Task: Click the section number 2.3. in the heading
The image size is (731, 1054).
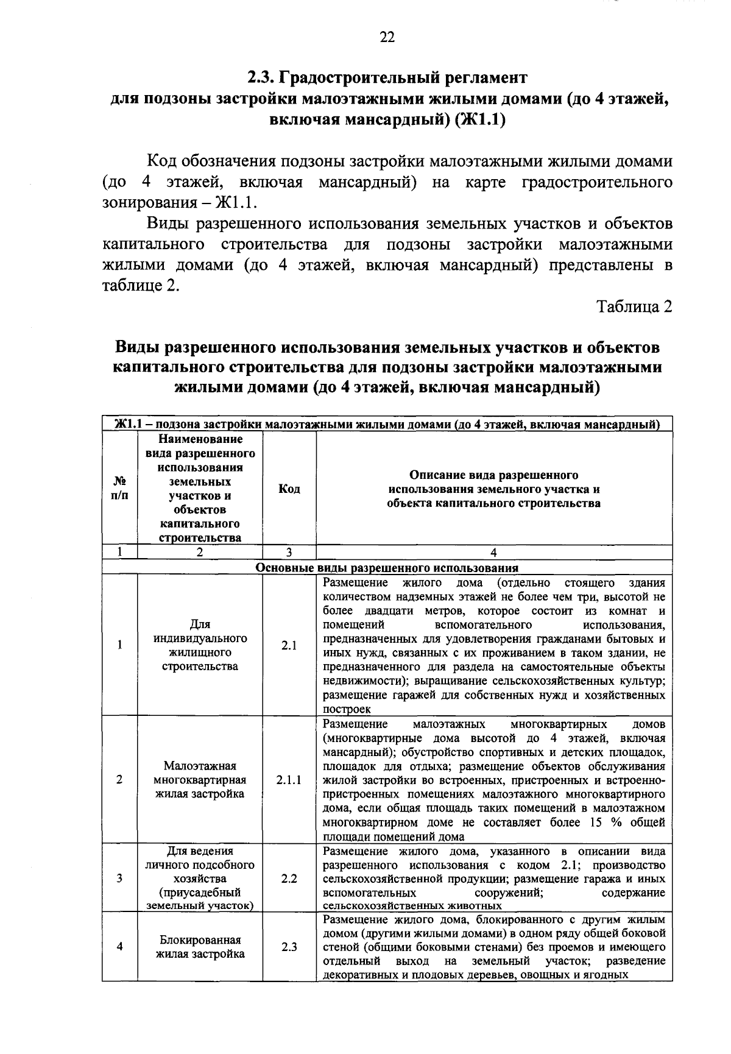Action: [262, 77]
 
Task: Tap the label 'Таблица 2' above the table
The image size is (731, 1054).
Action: [634, 306]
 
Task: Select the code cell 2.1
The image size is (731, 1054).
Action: [289, 646]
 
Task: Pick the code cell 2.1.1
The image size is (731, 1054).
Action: [289, 779]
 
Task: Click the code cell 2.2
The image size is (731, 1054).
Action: [289, 879]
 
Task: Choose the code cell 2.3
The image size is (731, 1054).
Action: [289, 947]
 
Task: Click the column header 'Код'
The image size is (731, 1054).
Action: [289, 489]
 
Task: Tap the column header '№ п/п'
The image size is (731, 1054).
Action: [120, 489]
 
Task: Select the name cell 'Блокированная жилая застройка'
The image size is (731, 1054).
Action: [200, 947]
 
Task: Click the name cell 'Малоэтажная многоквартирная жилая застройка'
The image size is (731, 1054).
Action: [200, 779]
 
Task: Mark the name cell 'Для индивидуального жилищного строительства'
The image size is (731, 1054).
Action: [200, 645]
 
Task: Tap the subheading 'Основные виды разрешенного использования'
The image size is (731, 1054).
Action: [387, 568]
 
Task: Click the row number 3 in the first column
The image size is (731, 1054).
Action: [120, 879]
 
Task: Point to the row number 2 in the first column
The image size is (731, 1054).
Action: [120, 779]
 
